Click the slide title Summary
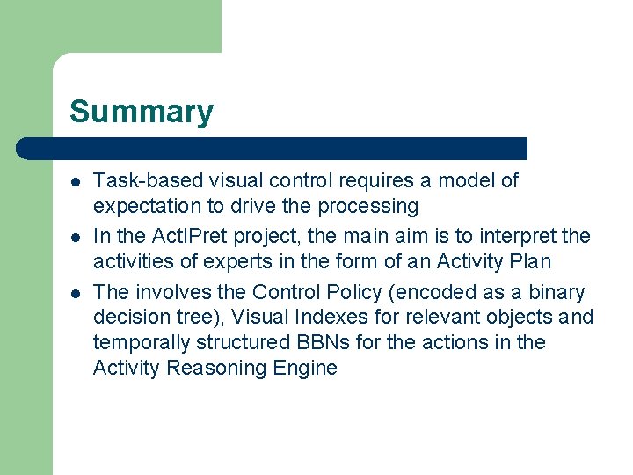click(x=141, y=113)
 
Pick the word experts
click(x=236, y=262)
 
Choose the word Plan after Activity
click(x=530, y=262)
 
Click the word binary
click(x=556, y=292)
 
